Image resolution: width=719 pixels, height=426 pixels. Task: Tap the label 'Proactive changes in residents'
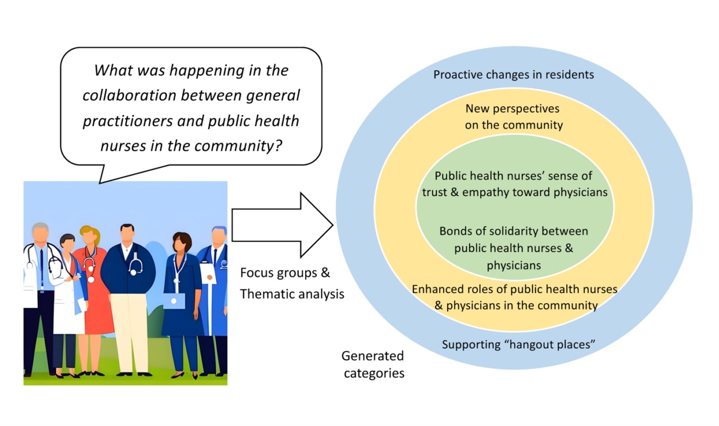click(x=513, y=75)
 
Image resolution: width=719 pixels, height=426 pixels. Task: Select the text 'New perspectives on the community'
click(x=513, y=117)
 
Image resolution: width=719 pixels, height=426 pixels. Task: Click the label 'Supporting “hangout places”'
click(x=518, y=345)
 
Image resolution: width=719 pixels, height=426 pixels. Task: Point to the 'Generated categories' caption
click(x=374, y=364)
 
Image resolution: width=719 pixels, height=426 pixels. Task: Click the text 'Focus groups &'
click(x=285, y=273)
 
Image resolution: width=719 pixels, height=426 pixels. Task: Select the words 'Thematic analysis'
click(x=292, y=294)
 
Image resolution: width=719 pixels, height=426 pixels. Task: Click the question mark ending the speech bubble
click(x=278, y=145)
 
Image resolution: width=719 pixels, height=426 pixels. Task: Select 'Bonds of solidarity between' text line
click(x=513, y=231)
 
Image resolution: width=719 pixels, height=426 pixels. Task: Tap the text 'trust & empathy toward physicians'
click(x=515, y=192)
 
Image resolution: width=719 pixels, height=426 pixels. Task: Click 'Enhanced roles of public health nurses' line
click(x=515, y=290)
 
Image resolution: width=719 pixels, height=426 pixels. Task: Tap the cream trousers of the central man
click(x=130, y=333)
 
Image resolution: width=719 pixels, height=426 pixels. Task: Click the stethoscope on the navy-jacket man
click(x=136, y=265)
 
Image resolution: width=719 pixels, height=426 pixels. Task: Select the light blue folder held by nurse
click(x=174, y=301)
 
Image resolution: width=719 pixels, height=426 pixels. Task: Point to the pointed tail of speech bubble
click(x=100, y=183)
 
